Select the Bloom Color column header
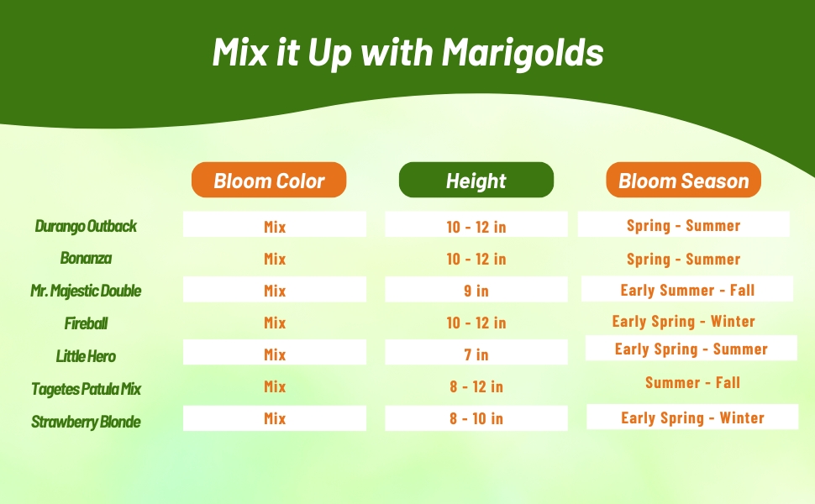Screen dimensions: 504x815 click(269, 181)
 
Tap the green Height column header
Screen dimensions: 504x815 click(476, 181)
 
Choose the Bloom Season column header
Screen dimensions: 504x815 click(683, 181)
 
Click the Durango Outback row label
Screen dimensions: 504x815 click(86, 226)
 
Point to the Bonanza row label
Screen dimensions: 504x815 click(86, 258)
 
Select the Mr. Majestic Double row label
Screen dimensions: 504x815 click(86, 291)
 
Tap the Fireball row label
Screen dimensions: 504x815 click(86, 323)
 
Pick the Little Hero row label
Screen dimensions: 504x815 click(86, 355)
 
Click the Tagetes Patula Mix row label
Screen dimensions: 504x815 click(86, 389)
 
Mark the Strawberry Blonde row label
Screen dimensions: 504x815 click(86, 422)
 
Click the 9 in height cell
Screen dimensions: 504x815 click(476, 291)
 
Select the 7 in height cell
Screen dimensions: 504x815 click(476, 354)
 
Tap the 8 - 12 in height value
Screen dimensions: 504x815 click(476, 386)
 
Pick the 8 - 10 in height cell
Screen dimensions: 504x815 click(476, 418)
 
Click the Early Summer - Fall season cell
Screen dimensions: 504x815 click(687, 290)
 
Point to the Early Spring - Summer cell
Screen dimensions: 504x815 click(691, 349)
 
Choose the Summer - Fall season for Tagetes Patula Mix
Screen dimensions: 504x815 click(692, 382)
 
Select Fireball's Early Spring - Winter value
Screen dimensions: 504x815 click(683, 321)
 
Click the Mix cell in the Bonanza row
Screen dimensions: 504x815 click(275, 259)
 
